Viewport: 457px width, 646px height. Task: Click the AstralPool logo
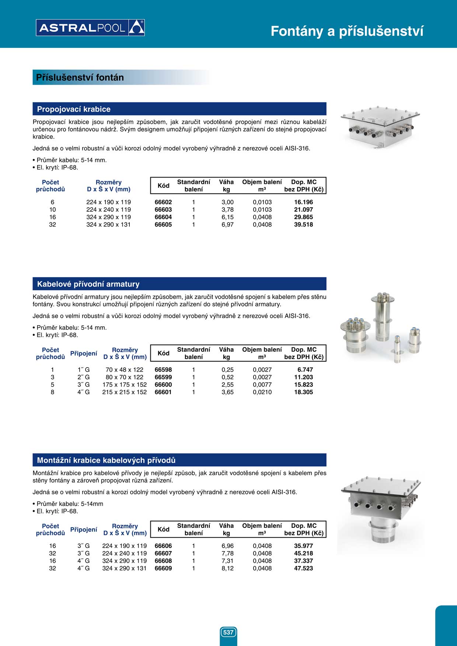click(x=90, y=28)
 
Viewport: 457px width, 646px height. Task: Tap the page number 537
click(x=228, y=632)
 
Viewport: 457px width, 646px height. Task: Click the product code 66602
click(x=163, y=202)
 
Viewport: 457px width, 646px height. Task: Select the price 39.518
click(x=303, y=225)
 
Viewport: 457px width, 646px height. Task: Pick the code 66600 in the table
click(x=163, y=385)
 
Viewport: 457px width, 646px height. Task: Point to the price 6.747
click(x=305, y=370)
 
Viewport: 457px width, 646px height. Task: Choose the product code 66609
click(x=163, y=568)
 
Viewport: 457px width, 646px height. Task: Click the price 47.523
click(x=303, y=568)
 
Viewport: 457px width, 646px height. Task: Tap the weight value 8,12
click(x=227, y=568)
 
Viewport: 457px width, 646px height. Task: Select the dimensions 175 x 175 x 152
click(x=125, y=385)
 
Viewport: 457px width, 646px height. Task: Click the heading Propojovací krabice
click(x=74, y=109)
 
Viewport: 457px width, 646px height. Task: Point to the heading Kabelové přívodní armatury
click(x=88, y=284)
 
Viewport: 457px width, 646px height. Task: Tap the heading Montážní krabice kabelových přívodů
click(x=106, y=460)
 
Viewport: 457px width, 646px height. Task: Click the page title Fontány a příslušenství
click(x=347, y=31)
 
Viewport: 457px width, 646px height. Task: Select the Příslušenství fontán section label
click(x=80, y=77)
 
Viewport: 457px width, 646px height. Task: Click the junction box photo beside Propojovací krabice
click(x=380, y=127)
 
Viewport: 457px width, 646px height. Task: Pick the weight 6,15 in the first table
click(x=227, y=217)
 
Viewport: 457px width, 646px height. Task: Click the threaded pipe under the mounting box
click(x=383, y=530)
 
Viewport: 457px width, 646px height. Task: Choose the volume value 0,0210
click(x=262, y=392)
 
